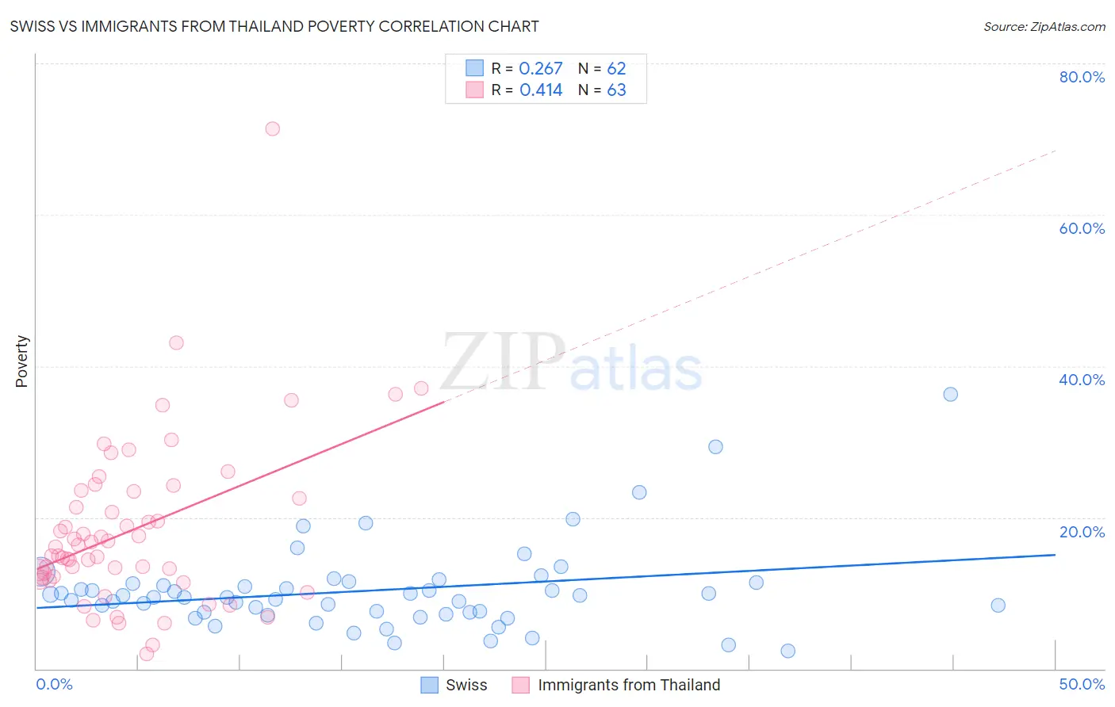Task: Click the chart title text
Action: (274, 26)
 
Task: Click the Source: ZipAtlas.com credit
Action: (1044, 26)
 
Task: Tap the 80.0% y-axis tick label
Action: (1082, 77)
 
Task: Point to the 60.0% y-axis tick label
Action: (1082, 228)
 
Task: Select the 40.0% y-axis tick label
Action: (1082, 380)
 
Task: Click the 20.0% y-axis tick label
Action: (1082, 532)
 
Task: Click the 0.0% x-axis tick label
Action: (54, 684)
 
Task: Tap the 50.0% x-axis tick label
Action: (1082, 684)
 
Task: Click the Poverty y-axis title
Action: (21, 361)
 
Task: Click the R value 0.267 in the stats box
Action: (541, 68)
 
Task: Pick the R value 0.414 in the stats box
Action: (541, 90)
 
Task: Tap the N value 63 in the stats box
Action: (616, 90)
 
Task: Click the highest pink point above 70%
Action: (272, 128)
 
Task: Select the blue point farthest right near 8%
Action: (998, 606)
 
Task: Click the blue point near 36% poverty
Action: (950, 394)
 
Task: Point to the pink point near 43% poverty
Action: (176, 342)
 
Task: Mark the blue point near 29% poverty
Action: (715, 446)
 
